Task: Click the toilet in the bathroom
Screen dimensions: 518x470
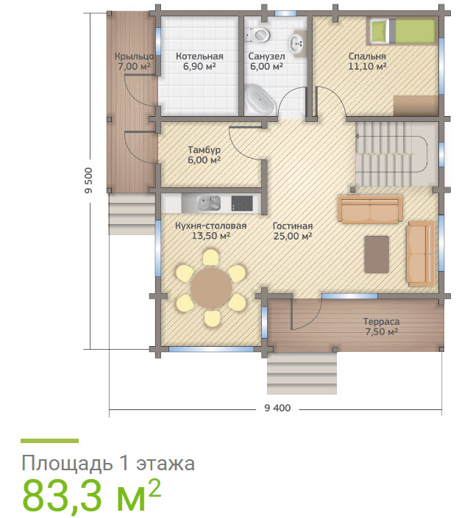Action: pyautogui.click(x=259, y=35)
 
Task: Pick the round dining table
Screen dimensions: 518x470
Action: pyautogui.click(x=210, y=287)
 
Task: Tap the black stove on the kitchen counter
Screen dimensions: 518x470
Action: pyautogui.click(x=241, y=201)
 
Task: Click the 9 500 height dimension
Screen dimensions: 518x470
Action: pyautogui.click(x=89, y=181)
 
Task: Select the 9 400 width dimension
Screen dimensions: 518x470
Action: pyautogui.click(x=277, y=408)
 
